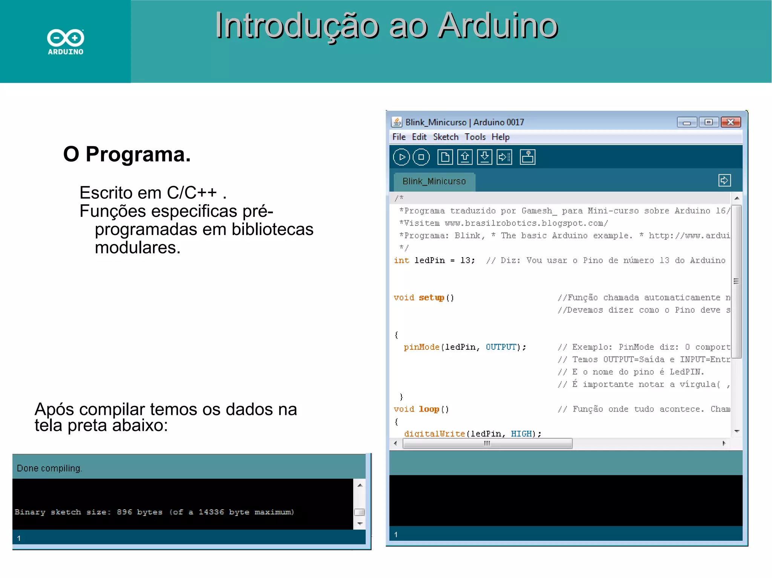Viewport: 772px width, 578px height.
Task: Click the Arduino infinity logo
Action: pyautogui.click(x=66, y=38)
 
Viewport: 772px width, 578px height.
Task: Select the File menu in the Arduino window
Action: pyautogui.click(x=399, y=137)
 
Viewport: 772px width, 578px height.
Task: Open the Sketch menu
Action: pyautogui.click(x=446, y=137)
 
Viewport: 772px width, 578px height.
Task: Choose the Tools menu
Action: pyautogui.click(x=475, y=137)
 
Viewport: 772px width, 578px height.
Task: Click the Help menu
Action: pyautogui.click(x=500, y=137)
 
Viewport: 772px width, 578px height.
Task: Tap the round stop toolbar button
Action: pyautogui.click(x=421, y=157)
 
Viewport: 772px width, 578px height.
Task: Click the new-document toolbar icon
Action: pyautogui.click(x=445, y=157)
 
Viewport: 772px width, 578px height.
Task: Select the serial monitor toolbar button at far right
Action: pyautogui.click(x=527, y=157)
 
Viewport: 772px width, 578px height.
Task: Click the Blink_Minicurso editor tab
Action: pyautogui.click(x=434, y=181)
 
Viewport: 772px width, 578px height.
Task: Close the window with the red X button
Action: pyautogui.click(x=731, y=122)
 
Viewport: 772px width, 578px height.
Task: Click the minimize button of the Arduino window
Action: pyautogui.click(x=687, y=122)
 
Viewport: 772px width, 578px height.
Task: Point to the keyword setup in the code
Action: pyautogui.click(x=432, y=298)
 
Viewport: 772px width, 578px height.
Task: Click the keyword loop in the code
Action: pyautogui.click(x=429, y=409)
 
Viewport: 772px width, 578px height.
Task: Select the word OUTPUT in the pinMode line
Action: pyautogui.click(x=501, y=347)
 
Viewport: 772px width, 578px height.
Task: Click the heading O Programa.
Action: pyautogui.click(x=127, y=154)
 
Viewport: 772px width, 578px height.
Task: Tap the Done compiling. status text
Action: pyautogui.click(x=49, y=468)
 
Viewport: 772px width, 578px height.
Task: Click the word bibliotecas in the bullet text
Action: pyautogui.click(x=272, y=229)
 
